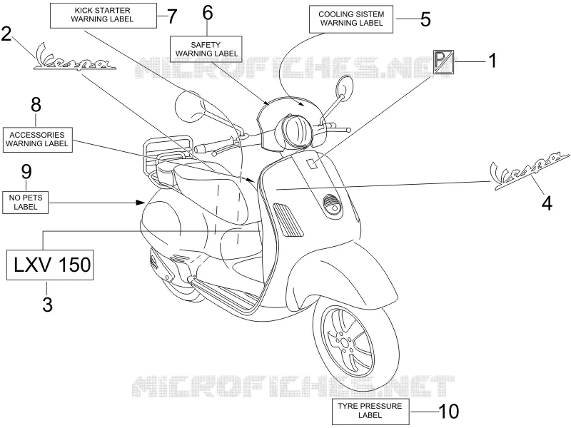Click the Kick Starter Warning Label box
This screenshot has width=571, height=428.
103,16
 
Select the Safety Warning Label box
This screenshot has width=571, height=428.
206,49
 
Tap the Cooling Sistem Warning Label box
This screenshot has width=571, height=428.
351,19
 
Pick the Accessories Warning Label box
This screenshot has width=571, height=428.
37,139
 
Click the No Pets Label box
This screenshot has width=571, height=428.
26,203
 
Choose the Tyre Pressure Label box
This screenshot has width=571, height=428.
370,412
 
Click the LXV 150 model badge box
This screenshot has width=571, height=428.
50,265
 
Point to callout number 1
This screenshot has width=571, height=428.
492,61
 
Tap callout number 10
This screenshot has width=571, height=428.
449,412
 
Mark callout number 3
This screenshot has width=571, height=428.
47,304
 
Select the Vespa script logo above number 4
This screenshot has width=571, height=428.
530,171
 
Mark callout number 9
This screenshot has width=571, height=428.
26,172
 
